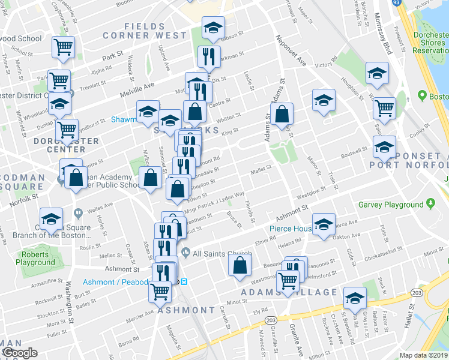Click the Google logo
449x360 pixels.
point(20,353)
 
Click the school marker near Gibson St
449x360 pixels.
point(212,29)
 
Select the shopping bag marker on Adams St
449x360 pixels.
point(281,115)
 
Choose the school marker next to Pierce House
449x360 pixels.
point(323,225)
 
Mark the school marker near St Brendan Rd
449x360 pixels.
point(355,298)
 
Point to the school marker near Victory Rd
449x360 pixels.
point(376,74)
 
